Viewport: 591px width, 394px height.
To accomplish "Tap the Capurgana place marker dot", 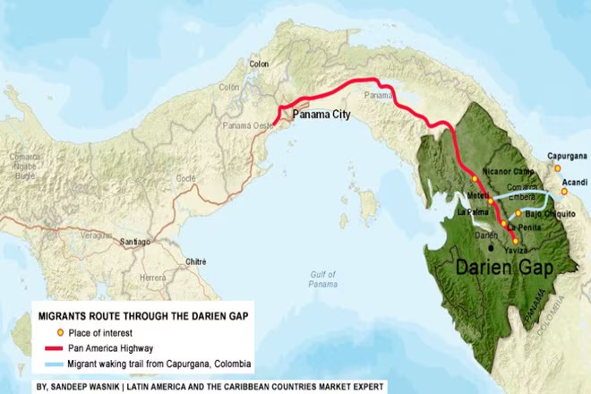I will click(556, 167).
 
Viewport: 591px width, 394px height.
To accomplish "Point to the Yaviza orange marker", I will click(515, 241).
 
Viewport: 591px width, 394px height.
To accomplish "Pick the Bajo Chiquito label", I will click(548, 214).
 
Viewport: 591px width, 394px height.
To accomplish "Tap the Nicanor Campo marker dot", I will click(475, 178).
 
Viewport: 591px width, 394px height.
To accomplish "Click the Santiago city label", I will click(136, 243).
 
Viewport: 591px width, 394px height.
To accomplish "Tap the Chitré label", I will click(195, 261).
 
